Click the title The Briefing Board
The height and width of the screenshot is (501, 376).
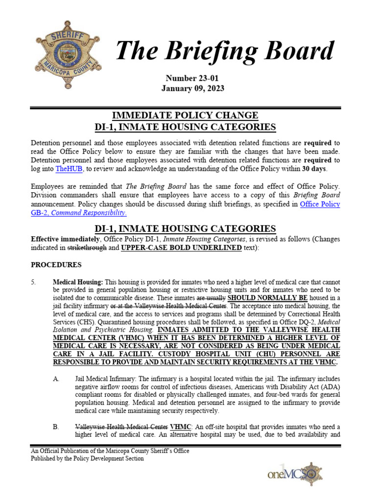coord(225,51)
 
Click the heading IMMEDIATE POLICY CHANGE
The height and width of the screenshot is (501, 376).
coord(185,115)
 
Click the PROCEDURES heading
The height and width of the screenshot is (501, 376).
coord(56,265)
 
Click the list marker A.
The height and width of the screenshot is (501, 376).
coord(56,379)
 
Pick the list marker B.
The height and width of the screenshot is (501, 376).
coord(56,427)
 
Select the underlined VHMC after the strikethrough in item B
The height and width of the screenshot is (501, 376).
coord(180,427)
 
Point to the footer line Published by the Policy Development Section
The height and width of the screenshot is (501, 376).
coord(87,458)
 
